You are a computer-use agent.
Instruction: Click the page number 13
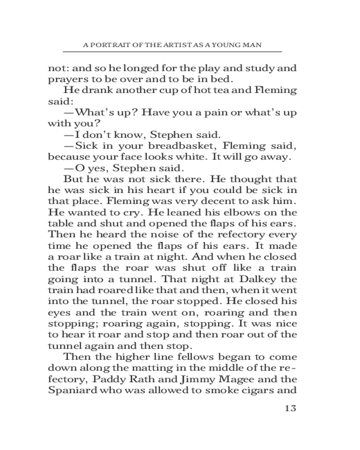tap(290, 409)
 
